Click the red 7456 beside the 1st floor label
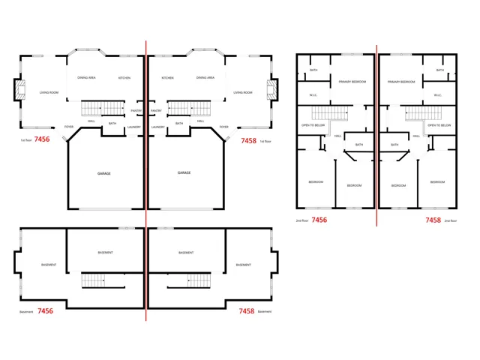coord(43,139)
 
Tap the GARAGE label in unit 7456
coord(104,173)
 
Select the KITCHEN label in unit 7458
coord(167,78)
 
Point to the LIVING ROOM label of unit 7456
coord(49,93)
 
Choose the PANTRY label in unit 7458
coord(156,111)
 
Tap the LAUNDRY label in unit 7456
coord(134,127)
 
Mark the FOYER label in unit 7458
coord(223,127)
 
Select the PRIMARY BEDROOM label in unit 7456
coord(352,82)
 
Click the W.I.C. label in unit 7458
coord(437,95)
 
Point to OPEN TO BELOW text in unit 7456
coord(313,125)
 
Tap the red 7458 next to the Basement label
coord(246,310)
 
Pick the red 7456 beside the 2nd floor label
coord(319,220)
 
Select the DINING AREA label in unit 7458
coord(205,78)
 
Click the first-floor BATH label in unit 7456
coord(112,124)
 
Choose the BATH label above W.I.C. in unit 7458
coord(440,70)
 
